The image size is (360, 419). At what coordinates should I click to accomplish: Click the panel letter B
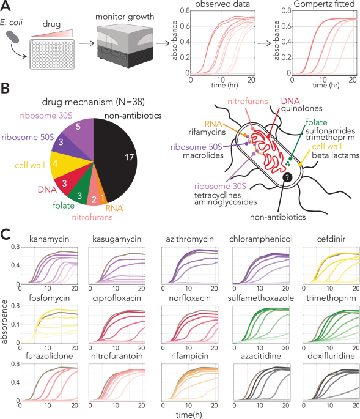click(x=6, y=90)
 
